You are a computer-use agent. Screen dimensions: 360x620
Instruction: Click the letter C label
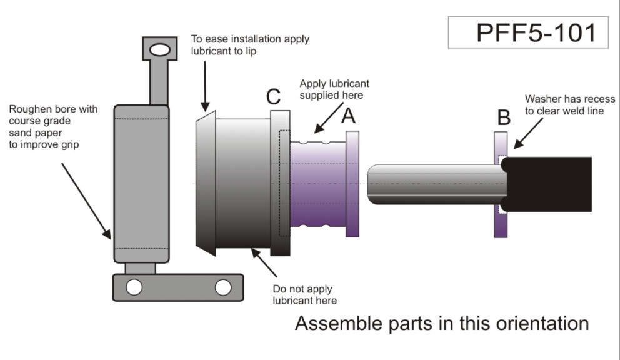273,97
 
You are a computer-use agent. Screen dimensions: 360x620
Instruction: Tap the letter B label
503,117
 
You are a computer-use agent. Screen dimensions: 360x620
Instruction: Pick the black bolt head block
550,184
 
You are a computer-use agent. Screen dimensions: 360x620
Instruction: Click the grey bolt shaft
437,184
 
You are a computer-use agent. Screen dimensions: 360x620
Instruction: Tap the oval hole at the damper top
159,49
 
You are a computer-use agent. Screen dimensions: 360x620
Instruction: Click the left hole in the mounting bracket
133,287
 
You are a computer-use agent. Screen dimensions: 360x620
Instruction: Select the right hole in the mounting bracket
223,287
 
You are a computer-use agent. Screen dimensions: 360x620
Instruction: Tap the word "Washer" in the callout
541,99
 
